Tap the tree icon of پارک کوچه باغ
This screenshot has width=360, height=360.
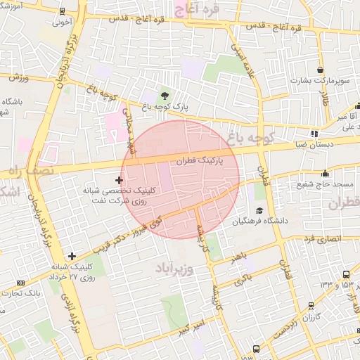(165, 95)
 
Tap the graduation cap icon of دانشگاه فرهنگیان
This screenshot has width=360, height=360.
(259, 210)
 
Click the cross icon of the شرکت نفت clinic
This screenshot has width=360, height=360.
(119, 181)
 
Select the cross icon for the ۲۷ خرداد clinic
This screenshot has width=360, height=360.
(72, 256)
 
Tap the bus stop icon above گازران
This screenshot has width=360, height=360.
(311, 305)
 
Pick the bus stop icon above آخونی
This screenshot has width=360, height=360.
(63, 11)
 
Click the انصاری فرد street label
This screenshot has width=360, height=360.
(323, 240)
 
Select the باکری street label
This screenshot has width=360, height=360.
(241, 279)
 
